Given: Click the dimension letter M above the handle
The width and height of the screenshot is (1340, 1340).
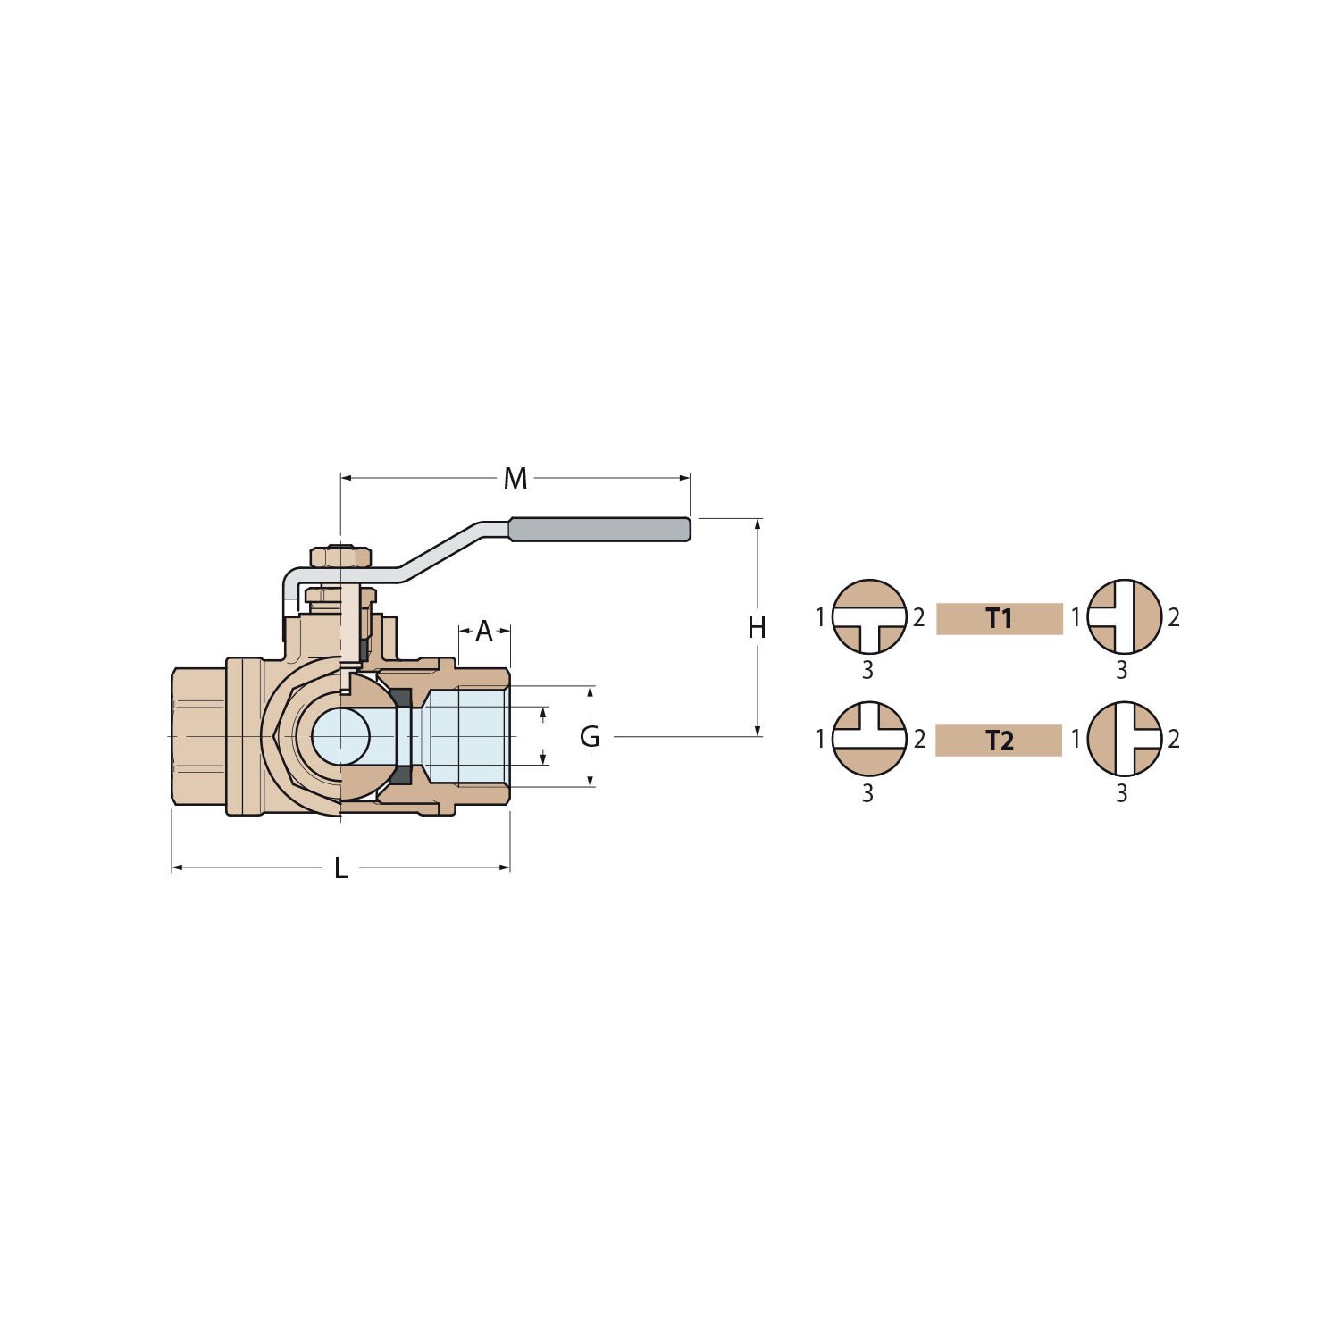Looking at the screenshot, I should (x=515, y=479).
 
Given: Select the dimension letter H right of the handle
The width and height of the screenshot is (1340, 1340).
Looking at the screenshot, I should (x=757, y=628).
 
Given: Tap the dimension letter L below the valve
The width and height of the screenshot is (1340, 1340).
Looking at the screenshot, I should (x=340, y=867).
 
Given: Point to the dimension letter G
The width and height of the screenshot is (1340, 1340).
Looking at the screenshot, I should (x=590, y=737).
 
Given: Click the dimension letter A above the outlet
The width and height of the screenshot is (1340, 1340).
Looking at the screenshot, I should (x=484, y=632).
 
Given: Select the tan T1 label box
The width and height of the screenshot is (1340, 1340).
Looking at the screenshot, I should (x=1000, y=618).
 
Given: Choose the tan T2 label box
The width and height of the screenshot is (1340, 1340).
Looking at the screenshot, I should (x=999, y=741).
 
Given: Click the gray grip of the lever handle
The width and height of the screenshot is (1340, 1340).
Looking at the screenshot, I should (x=599, y=529).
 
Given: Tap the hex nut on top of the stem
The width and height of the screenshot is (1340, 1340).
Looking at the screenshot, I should (x=340, y=557).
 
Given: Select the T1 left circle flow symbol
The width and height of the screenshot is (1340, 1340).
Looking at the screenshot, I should (x=869, y=616).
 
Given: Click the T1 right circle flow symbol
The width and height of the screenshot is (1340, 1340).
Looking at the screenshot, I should (x=1125, y=616).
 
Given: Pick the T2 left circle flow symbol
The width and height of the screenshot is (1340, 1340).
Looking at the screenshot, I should (x=869, y=739).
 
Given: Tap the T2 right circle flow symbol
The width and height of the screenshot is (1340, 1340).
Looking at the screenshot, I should (x=1125, y=739).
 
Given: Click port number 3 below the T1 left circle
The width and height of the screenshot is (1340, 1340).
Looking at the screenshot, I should (x=867, y=670).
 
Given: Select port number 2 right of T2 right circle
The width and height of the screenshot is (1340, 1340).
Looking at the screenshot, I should (x=1174, y=739).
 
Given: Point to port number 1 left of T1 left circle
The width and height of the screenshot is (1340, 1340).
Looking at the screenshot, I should (x=820, y=616).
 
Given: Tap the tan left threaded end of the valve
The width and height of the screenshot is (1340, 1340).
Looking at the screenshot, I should (x=198, y=737).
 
